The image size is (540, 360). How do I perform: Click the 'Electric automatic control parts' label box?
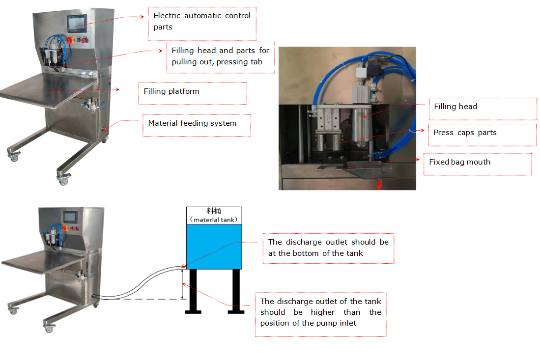point(202,24)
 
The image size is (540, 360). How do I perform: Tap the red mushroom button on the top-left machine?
point(86,40)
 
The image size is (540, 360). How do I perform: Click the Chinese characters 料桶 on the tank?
point(214,211)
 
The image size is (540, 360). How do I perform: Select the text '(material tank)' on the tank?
point(214,220)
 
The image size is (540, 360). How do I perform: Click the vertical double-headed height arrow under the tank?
point(182,284)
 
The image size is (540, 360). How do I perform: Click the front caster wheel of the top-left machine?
point(63,180)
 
